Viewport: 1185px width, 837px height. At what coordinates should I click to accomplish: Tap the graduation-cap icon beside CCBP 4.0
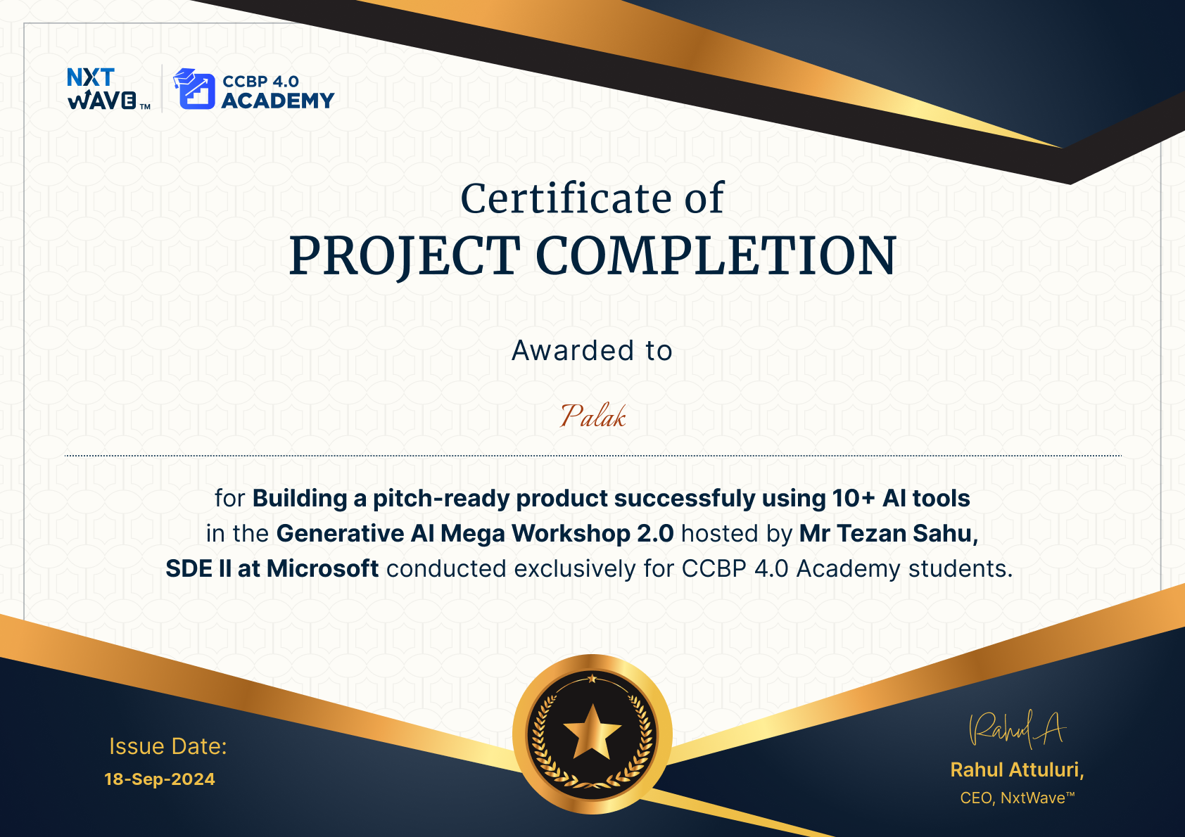[x=194, y=89]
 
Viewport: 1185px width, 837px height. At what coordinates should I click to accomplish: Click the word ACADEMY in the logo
[x=278, y=101]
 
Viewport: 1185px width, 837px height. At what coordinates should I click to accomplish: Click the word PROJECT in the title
[x=404, y=255]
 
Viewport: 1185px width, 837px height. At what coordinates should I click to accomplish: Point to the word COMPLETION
[x=716, y=255]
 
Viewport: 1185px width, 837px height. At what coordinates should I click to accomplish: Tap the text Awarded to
[x=592, y=350]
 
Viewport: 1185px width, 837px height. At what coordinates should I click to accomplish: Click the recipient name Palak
[x=592, y=416]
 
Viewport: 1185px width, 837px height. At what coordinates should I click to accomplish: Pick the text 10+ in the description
[x=854, y=498]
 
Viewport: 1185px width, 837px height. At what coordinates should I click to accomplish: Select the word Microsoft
[x=322, y=568]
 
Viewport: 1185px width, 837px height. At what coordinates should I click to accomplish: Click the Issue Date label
[x=167, y=746]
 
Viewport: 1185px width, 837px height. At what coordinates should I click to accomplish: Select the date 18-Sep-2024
[x=160, y=779]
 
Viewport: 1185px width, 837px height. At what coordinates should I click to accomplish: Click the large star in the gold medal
[x=592, y=733]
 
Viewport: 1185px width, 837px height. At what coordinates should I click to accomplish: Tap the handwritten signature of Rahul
[x=1017, y=729]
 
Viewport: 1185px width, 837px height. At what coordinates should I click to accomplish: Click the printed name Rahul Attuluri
[x=1017, y=769]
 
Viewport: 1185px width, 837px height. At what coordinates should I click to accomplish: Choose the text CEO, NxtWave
[x=1017, y=798]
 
